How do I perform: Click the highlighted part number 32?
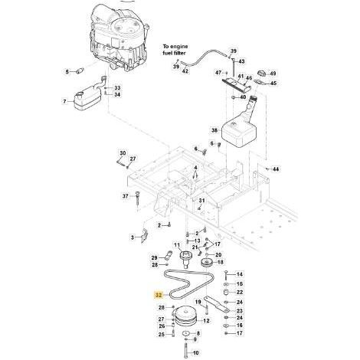[x=159, y=295]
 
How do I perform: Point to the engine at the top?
[x=119, y=38]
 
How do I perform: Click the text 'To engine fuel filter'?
[x=175, y=50]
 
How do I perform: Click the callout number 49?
[x=273, y=74]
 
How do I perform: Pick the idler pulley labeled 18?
[x=207, y=263]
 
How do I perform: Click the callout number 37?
[x=125, y=196]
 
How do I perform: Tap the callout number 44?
[x=276, y=169]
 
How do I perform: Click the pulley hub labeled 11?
[x=185, y=258]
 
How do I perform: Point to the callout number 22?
[x=239, y=292]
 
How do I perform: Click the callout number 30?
[x=123, y=153]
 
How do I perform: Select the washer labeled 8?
[x=186, y=334]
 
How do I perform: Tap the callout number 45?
[x=273, y=83]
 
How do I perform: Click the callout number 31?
[x=201, y=201]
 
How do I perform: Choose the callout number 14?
[x=239, y=274]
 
